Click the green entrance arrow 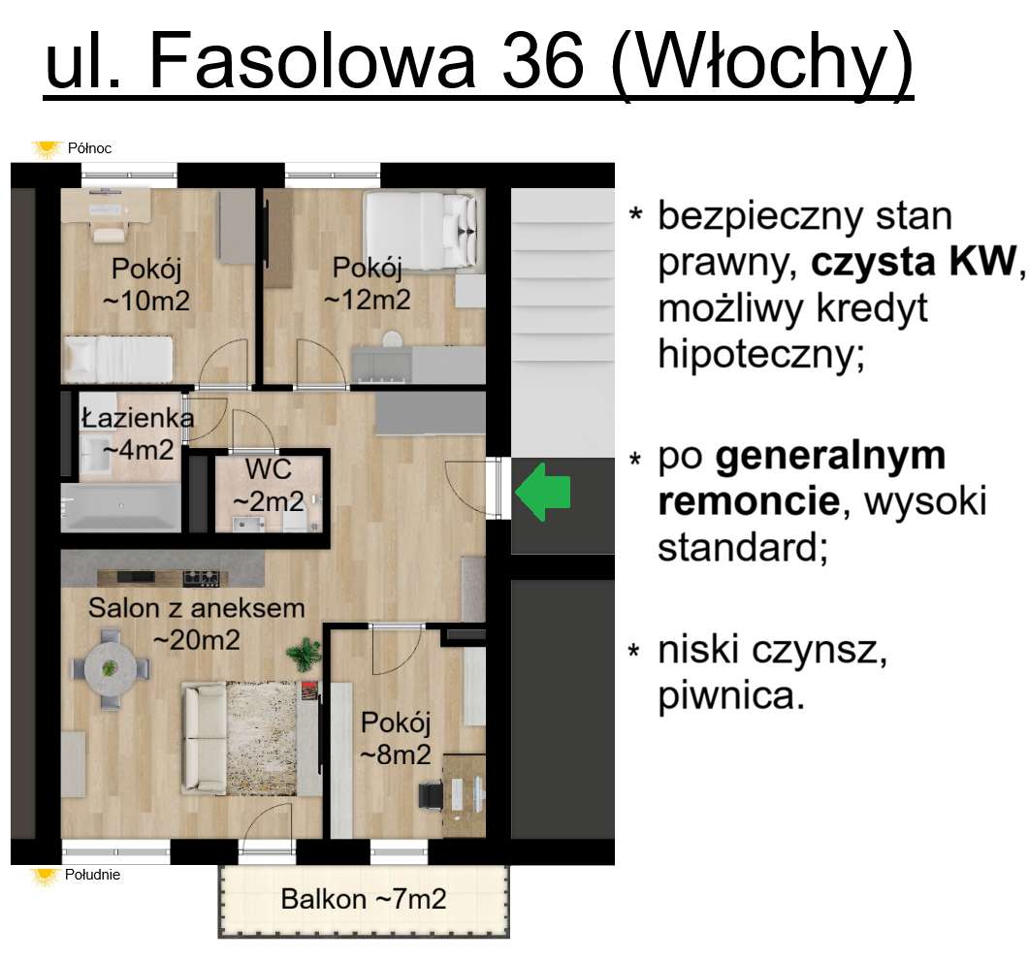543,493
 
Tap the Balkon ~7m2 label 364,899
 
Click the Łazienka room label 137,419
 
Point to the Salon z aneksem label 197,609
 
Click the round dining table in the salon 110,668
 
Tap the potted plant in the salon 305,652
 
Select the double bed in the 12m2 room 422,229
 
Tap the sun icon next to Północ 45,148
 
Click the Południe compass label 93,875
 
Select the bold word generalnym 830,456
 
